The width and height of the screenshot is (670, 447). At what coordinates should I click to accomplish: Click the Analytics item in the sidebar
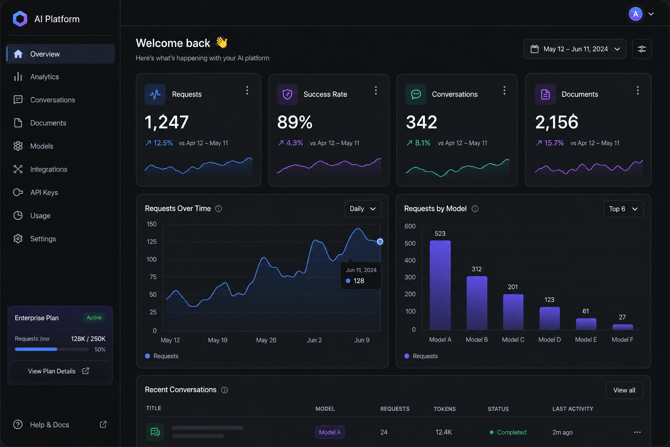tap(44, 77)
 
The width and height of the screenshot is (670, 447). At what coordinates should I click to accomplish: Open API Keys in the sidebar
tap(44, 193)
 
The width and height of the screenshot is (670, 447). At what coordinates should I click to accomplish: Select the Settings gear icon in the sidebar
tap(18, 239)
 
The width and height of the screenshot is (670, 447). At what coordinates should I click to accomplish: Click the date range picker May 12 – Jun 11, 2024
tap(574, 49)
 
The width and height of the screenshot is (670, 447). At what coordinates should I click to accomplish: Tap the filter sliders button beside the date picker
tap(642, 49)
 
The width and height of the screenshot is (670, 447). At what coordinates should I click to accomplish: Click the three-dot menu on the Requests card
tap(247, 90)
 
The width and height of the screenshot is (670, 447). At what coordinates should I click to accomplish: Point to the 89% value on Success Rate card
tap(294, 122)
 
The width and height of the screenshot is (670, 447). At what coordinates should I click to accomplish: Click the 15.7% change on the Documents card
tap(554, 143)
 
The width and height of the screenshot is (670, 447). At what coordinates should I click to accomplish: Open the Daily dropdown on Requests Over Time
tap(363, 209)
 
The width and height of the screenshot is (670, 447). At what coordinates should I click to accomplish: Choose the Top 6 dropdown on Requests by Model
tap(623, 209)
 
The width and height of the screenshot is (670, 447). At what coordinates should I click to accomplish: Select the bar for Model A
tap(440, 285)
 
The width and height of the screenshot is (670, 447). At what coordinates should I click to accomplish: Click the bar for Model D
tap(550, 318)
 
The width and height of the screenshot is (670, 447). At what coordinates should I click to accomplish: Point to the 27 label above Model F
tap(622, 317)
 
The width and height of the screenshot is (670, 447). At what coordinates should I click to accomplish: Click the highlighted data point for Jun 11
tap(380, 241)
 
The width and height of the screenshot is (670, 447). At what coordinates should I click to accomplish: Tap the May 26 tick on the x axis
tap(266, 340)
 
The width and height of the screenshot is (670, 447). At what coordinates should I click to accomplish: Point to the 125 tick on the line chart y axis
tap(151, 241)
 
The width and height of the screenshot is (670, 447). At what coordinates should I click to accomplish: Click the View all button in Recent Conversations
tap(624, 390)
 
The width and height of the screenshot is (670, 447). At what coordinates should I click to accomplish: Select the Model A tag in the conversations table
tap(330, 432)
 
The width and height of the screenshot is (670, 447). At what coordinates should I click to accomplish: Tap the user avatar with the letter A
tap(635, 14)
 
